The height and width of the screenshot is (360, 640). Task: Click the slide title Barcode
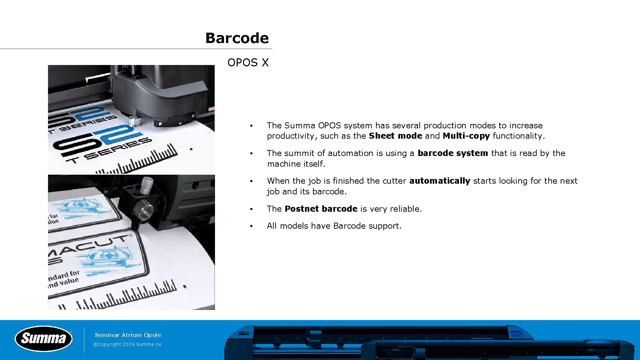(x=237, y=38)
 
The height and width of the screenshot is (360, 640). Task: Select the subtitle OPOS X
(x=248, y=63)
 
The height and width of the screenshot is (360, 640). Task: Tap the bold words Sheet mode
(x=395, y=136)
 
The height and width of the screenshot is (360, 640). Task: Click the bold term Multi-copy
(x=466, y=136)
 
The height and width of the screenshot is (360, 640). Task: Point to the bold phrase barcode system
(x=453, y=153)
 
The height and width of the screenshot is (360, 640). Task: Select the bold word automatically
(x=439, y=181)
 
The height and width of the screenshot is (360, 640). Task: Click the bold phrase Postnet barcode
(x=321, y=209)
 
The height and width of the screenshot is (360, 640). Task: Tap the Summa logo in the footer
(x=44, y=339)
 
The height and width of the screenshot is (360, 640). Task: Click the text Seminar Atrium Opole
(x=128, y=335)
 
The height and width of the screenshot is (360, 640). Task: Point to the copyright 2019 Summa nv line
(x=127, y=345)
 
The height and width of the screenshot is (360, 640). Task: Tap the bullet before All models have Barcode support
(x=252, y=226)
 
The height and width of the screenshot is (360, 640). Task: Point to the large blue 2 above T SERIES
(x=123, y=133)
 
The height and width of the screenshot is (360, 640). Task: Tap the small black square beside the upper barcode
(x=191, y=149)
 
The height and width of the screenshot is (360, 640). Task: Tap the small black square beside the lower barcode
(x=185, y=286)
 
